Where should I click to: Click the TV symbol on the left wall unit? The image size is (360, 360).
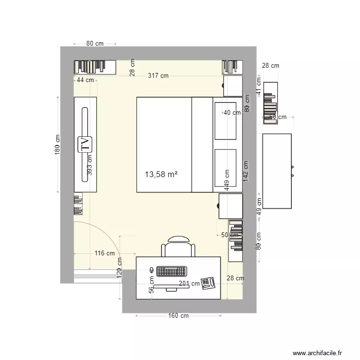coord(85,144)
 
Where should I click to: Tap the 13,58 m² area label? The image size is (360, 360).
coord(161,174)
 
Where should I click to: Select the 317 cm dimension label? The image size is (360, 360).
coord(158,75)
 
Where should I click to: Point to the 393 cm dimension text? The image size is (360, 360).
coord(90,165)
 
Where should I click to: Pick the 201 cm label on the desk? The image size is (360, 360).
coord(189,283)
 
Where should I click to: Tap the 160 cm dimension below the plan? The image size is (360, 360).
coord(178,316)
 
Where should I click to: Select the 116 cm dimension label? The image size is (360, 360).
coord(104,253)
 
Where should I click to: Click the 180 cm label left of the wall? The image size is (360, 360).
coord(57,144)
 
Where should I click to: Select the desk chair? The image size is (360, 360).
coord(179,247)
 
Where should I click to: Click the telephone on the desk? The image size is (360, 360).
coord(208,283)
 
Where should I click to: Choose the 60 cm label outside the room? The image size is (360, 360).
coord(277,117)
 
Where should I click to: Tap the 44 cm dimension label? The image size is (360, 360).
coord(85,80)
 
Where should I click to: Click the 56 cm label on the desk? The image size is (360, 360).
coord(151,284)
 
